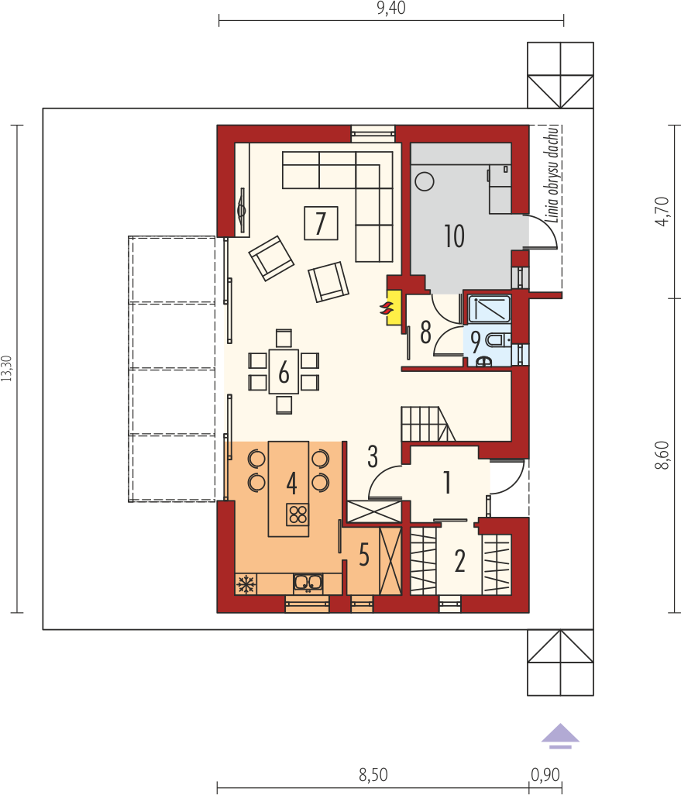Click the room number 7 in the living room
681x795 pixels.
pyautogui.click(x=321, y=223)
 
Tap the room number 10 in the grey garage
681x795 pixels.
pyautogui.click(x=454, y=236)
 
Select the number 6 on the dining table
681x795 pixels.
pyautogui.click(x=284, y=373)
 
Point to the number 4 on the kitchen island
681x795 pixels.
pyautogui.click(x=291, y=483)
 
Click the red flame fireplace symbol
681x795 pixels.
pyautogui.click(x=387, y=308)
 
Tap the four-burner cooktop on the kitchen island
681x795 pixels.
pyautogui.click(x=298, y=515)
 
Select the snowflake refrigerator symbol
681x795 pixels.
pyautogui.click(x=246, y=584)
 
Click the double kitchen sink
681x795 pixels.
pyautogui.click(x=308, y=583)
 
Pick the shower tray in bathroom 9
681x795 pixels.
pyautogui.click(x=490, y=309)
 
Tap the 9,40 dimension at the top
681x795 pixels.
pyautogui.click(x=391, y=8)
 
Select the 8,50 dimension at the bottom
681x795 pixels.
pyautogui.click(x=373, y=775)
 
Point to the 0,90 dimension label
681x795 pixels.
pyautogui.click(x=545, y=775)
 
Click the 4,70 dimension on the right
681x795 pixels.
pyautogui.click(x=662, y=211)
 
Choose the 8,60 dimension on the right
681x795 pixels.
pyautogui.click(x=662, y=456)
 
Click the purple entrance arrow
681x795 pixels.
pyautogui.click(x=560, y=735)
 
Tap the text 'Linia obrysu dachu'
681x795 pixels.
pyautogui.click(x=552, y=174)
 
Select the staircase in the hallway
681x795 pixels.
pyautogui.click(x=428, y=424)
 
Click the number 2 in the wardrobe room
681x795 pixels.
pyautogui.click(x=460, y=561)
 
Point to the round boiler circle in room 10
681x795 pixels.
pyautogui.click(x=425, y=181)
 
